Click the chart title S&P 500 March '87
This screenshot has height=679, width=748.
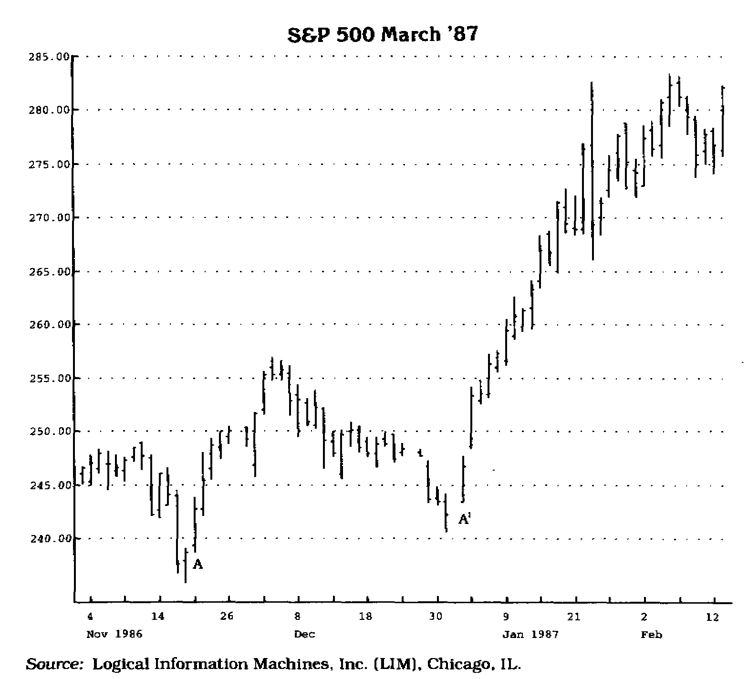[x=382, y=34]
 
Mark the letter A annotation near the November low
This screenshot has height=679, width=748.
[x=198, y=565]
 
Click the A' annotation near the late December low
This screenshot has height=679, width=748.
[x=464, y=519]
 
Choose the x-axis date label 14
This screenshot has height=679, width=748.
[x=158, y=617]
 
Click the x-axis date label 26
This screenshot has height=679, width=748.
[x=227, y=617]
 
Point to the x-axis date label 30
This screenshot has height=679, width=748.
[x=435, y=617]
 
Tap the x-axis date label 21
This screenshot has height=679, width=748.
[x=574, y=617]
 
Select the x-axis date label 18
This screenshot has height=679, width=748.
[x=365, y=617]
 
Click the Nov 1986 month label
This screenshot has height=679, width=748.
[x=114, y=635]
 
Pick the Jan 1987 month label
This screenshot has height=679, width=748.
[x=530, y=635]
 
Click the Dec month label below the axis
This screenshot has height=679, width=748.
[x=304, y=635]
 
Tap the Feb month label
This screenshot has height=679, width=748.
[x=651, y=635]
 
